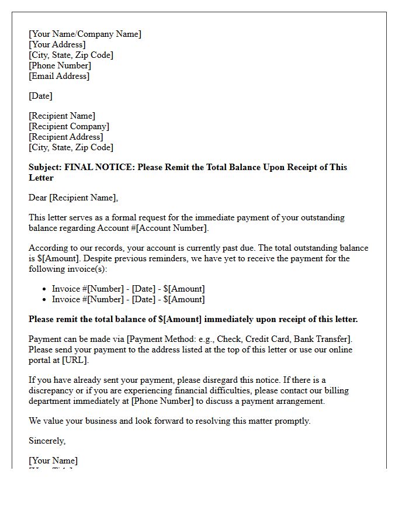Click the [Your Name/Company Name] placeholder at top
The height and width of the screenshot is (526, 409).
point(85,34)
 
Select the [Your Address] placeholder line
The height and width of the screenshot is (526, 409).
point(57,44)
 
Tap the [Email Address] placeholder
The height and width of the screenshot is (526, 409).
point(59,76)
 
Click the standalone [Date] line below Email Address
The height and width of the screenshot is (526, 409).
point(40,96)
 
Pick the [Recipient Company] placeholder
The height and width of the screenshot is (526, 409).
point(69,126)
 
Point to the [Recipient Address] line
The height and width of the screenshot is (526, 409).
point(66,137)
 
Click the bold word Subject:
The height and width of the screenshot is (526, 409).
point(45,167)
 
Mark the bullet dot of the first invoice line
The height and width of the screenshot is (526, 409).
point(45,289)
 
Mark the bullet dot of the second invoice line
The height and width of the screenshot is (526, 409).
point(45,300)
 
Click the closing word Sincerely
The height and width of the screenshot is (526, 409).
point(47,441)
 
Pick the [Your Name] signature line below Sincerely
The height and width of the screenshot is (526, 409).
point(53,461)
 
